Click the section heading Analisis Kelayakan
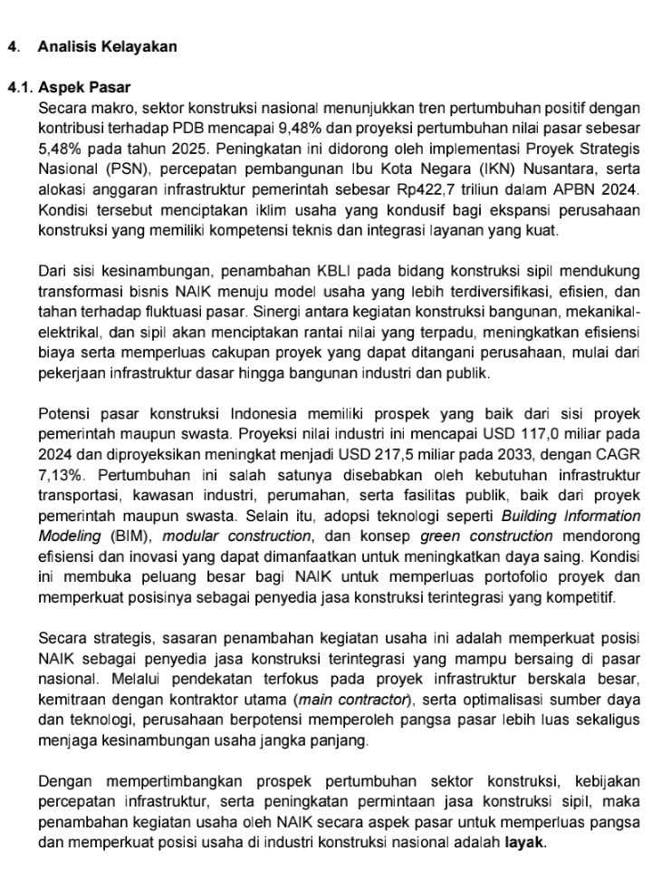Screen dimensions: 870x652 tap(108, 46)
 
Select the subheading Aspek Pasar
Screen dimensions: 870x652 tap(84, 88)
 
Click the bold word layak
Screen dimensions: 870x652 tap(525, 843)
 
